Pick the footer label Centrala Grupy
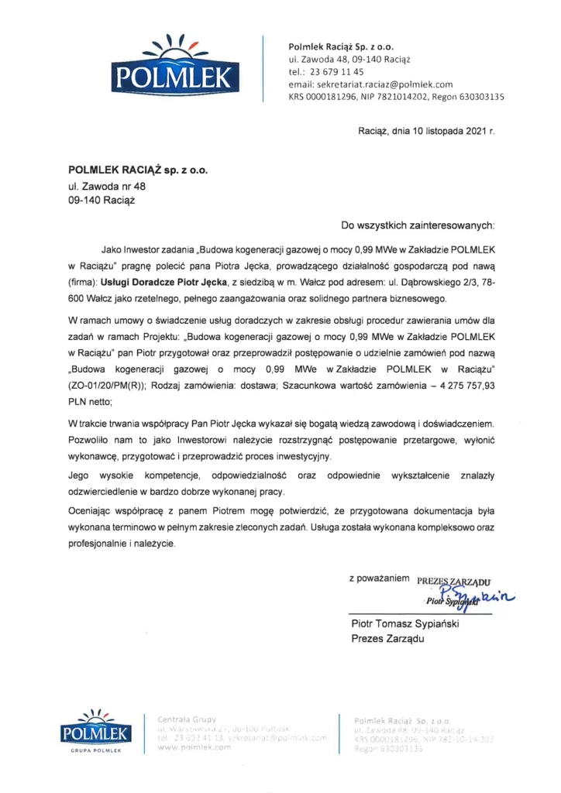(x=188, y=719)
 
